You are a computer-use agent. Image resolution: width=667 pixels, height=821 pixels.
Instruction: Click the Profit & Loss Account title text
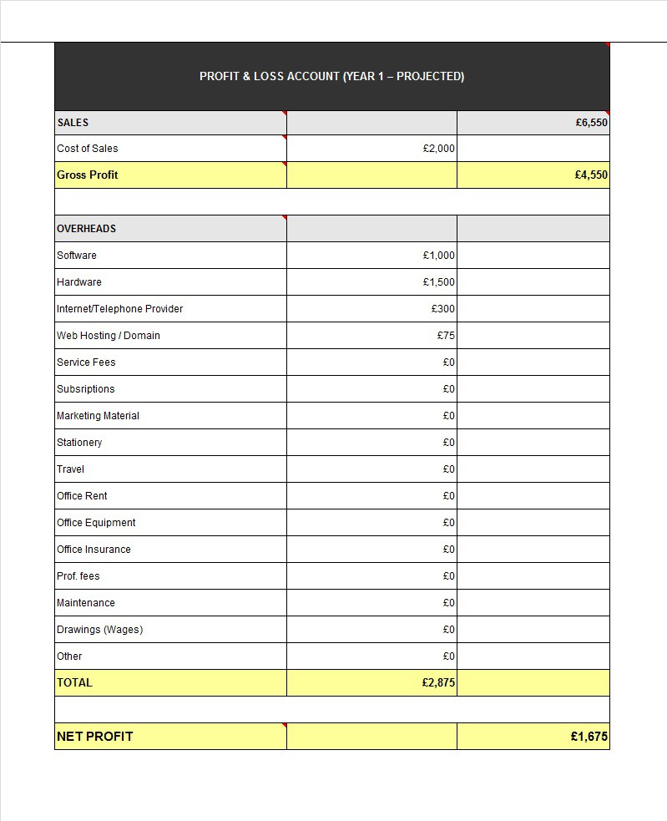tap(331, 76)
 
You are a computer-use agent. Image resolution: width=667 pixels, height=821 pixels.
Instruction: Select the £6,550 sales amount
tap(591, 122)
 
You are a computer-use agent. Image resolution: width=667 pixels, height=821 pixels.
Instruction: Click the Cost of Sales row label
tap(88, 149)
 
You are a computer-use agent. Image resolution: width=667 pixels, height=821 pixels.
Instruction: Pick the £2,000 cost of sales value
tap(439, 149)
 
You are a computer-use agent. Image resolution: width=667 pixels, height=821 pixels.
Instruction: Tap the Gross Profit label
tap(88, 175)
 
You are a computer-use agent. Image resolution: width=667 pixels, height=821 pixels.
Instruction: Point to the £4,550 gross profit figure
tap(591, 175)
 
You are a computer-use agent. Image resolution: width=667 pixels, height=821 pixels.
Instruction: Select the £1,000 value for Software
tap(439, 256)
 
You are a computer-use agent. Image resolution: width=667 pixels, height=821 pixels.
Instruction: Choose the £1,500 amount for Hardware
tap(439, 282)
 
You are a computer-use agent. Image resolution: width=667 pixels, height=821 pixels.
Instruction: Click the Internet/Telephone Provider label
tap(120, 309)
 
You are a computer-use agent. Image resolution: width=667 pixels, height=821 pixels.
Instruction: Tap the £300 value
tap(443, 309)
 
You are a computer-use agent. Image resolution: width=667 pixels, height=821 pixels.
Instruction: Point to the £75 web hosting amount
tap(446, 336)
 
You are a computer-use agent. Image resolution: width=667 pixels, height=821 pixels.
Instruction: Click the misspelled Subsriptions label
tap(86, 389)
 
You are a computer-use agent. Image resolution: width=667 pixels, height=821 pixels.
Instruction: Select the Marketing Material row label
tap(99, 416)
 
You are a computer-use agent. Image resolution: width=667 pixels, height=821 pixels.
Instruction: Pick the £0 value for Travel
tap(449, 469)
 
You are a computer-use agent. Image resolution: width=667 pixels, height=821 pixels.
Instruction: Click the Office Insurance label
tap(93, 550)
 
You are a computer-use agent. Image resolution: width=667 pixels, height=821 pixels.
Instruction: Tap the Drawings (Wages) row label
tap(99, 630)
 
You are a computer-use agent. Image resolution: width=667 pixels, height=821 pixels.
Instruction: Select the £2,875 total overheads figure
tap(438, 682)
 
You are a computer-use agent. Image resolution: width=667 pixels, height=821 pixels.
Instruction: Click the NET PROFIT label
tap(94, 736)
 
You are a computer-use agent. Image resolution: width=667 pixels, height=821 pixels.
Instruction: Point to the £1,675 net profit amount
tap(589, 737)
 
